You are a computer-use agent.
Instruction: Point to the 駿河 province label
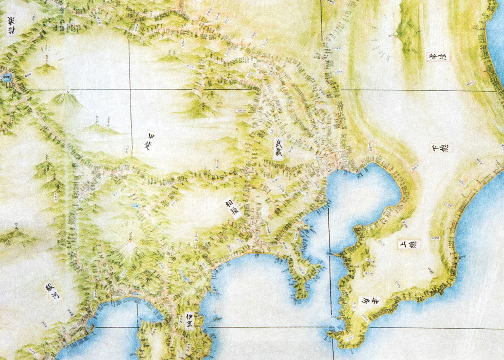tap(52, 291)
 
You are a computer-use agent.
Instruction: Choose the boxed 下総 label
tap(440, 148)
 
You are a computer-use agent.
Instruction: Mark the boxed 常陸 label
tap(439, 57)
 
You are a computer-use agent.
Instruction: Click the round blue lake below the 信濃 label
tap(6, 77)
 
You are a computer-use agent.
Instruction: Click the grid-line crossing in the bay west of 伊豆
tap(138, 327)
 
